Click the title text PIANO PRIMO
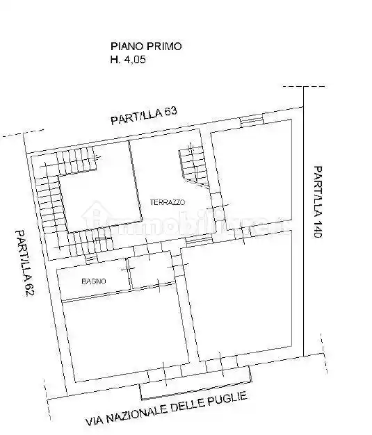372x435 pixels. [146, 47]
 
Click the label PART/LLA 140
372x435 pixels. [317, 202]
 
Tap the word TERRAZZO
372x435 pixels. [167, 202]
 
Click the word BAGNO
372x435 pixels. [92, 281]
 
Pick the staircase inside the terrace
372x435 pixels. [192, 165]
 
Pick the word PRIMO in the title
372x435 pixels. [165, 47]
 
